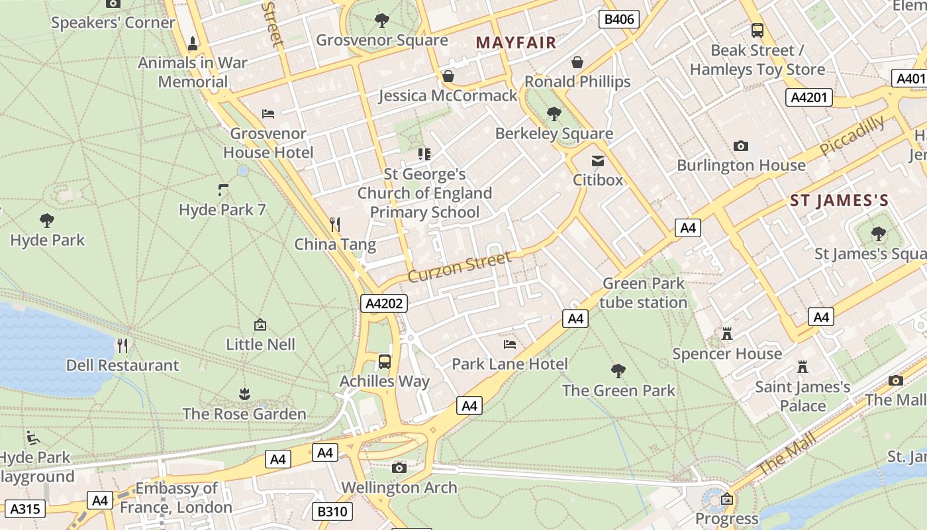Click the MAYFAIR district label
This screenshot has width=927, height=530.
[x=516, y=42]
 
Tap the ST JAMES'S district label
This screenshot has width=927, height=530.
[x=839, y=200]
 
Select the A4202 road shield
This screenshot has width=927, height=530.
[x=384, y=303]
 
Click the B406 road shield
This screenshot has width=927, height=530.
[x=620, y=19]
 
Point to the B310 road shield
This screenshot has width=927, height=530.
[x=332, y=511]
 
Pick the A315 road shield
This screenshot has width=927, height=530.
[x=26, y=509]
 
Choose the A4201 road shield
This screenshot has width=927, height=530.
[x=808, y=98]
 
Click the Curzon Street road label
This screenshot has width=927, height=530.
[x=460, y=266]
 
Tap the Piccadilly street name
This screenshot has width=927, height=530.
[x=852, y=135]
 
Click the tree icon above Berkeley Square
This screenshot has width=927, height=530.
[x=554, y=114]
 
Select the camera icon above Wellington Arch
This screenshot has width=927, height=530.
[x=399, y=468]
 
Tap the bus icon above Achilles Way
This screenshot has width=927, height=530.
[x=385, y=362]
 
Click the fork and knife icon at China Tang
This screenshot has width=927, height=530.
[x=336, y=225]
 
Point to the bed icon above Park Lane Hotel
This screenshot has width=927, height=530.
[x=510, y=344]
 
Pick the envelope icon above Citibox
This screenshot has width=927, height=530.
[x=598, y=161]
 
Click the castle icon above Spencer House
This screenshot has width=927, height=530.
[x=727, y=334]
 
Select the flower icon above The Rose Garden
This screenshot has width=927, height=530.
[x=244, y=395]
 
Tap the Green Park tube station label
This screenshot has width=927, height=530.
[x=643, y=293]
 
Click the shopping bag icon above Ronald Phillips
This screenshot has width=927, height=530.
[x=577, y=62]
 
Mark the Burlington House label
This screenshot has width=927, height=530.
[x=741, y=165]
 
